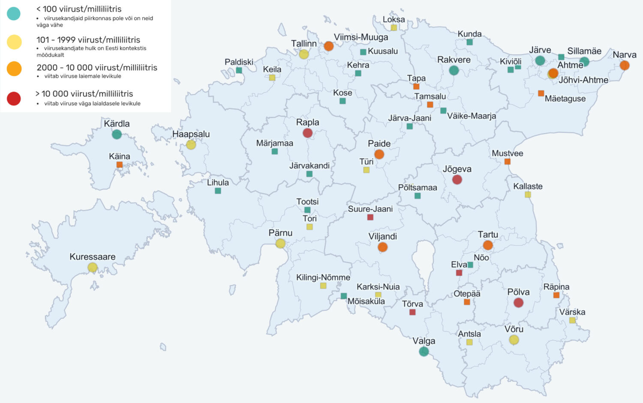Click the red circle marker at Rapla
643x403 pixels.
pyautogui.click(x=307, y=133)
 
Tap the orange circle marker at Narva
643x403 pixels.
pyautogui.click(x=625, y=65)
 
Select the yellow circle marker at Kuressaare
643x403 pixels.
pyautogui.click(x=92, y=267)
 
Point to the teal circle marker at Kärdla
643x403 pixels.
pyautogui.click(x=117, y=134)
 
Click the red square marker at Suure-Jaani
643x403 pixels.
pyautogui.click(x=370, y=217)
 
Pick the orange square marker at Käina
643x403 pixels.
pyautogui.click(x=120, y=164)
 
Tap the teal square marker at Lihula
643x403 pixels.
pyautogui.click(x=218, y=191)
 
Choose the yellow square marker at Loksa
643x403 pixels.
pyautogui.click(x=394, y=28)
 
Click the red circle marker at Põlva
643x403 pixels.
pyautogui.click(x=518, y=302)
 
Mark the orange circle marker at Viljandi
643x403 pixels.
pyautogui.click(x=383, y=247)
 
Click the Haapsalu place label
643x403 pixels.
pyautogui.click(x=191, y=134)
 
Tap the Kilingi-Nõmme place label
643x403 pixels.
pyautogui.click(x=323, y=277)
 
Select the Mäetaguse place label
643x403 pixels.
pyautogui.click(x=565, y=99)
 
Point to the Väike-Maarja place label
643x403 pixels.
pyautogui.click(x=472, y=116)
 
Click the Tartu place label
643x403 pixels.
pyautogui.click(x=488, y=234)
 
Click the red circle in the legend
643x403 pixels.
pyautogui.click(x=14, y=99)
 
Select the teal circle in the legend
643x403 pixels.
pyautogui.click(x=14, y=13)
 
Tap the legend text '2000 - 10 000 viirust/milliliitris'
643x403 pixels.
pyautogui.click(x=97, y=68)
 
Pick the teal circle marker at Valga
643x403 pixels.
pyautogui.click(x=424, y=351)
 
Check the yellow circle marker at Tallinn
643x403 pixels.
pyautogui.click(x=304, y=54)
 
